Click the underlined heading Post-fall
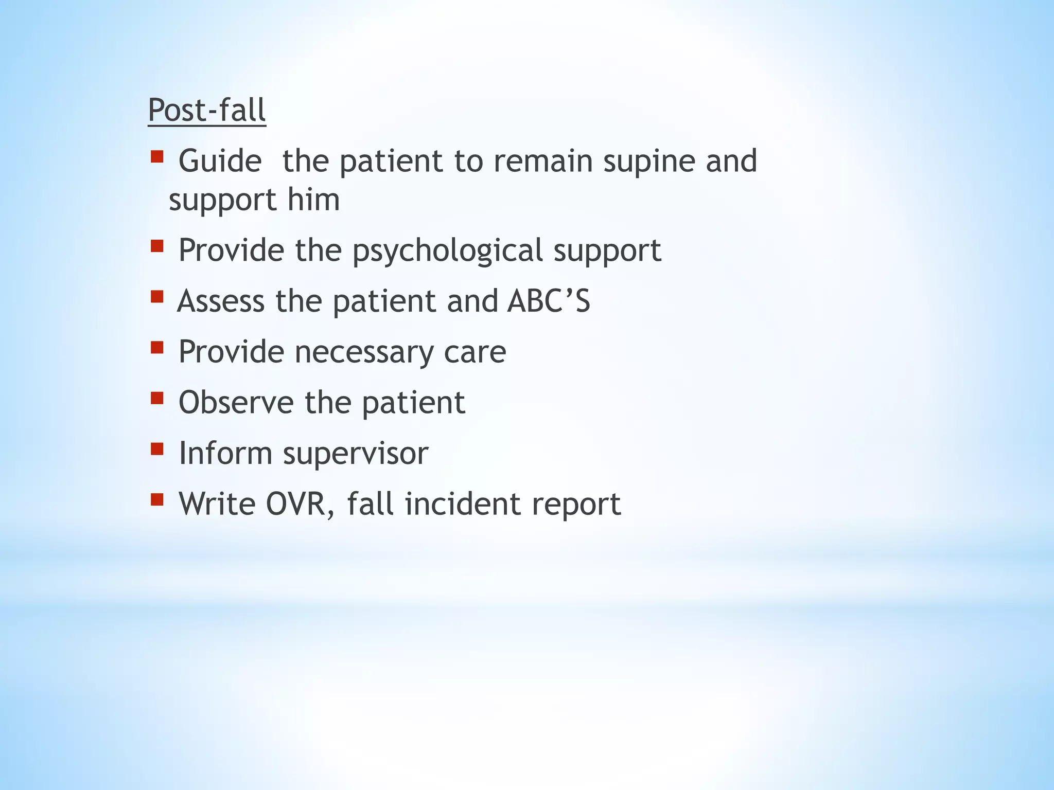207,110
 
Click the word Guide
220,161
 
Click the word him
313,200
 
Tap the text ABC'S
549,301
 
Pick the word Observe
236,402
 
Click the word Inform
225,453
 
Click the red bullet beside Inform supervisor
157,449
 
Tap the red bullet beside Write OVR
157,499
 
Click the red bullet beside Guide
157,156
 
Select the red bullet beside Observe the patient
157,398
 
